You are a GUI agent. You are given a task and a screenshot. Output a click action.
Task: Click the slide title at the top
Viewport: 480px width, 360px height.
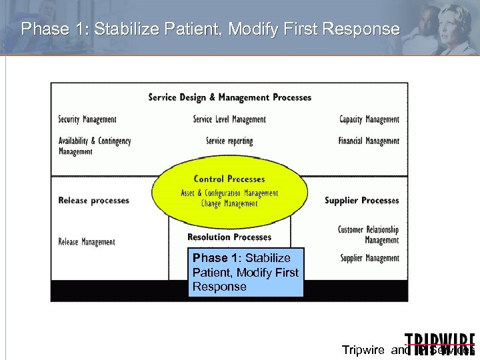point(210,29)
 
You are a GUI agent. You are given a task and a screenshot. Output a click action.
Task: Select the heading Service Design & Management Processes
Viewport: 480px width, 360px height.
point(230,97)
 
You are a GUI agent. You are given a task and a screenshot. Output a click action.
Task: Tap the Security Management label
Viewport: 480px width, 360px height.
point(87,119)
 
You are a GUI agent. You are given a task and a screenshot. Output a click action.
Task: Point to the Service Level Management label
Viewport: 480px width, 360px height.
point(229,119)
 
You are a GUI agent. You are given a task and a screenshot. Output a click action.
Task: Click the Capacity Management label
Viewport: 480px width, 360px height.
point(369,119)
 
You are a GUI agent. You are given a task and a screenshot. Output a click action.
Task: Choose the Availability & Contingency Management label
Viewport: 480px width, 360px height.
point(95,146)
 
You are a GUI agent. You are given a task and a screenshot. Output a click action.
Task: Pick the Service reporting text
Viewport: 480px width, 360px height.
point(229,141)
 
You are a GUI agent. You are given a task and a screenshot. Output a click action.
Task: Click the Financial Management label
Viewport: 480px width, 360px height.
point(369,141)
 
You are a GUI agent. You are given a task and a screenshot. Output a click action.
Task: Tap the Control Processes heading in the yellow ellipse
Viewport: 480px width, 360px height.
point(229,179)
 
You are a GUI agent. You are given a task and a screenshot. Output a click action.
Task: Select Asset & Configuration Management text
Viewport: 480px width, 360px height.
point(229,193)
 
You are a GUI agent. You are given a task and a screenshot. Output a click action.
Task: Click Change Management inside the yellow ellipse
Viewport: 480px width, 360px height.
point(229,204)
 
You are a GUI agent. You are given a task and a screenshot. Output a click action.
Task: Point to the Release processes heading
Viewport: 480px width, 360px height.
point(94,200)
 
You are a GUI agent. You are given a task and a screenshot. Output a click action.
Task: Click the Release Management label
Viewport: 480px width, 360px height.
point(87,242)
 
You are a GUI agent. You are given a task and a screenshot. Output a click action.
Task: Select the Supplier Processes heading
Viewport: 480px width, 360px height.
point(362,200)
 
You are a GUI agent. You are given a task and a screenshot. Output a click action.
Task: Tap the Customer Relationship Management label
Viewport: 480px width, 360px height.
point(368,235)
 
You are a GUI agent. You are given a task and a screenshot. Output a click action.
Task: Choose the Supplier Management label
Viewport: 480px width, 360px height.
point(369,258)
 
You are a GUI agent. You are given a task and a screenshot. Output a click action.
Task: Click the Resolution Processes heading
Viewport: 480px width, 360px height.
point(229,237)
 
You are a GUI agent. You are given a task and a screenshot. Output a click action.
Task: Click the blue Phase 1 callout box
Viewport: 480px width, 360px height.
point(245,272)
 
